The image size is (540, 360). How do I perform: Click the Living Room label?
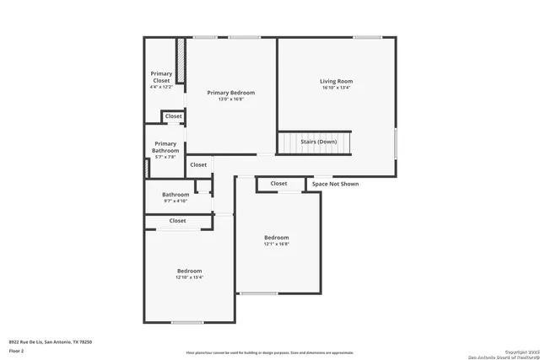click(x=336, y=81)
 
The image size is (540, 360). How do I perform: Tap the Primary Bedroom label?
click(x=230, y=93)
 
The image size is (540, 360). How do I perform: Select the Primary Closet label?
click(x=160, y=77)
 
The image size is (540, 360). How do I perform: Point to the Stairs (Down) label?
click(x=319, y=142)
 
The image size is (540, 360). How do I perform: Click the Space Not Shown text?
click(x=335, y=184)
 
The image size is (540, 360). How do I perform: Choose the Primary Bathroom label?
click(x=165, y=148)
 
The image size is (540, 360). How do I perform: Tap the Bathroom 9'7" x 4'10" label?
click(x=175, y=195)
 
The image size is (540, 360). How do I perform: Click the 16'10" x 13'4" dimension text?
click(x=336, y=88)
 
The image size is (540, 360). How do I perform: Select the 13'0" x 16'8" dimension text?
click(x=230, y=99)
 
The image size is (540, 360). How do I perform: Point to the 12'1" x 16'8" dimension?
click(x=276, y=244)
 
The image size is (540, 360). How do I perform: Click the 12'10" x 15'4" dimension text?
click(x=189, y=277)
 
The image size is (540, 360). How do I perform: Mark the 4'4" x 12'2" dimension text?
click(x=160, y=87)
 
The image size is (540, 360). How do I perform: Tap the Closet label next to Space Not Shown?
click(x=278, y=183)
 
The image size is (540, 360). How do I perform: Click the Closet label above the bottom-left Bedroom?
click(x=177, y=221)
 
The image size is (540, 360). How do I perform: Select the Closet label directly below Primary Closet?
click(x=173, y=116)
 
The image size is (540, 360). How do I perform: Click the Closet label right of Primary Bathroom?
click(x=198, y=165)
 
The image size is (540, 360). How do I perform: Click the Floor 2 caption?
click(x=17, y=350)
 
